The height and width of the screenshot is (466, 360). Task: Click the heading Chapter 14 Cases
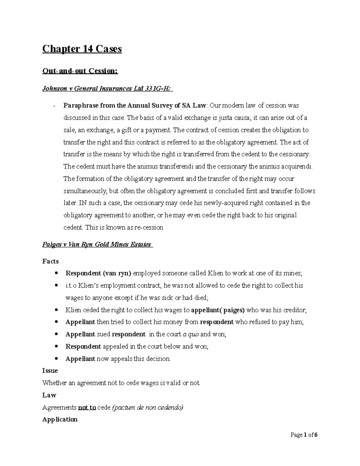click(x=82, y=49)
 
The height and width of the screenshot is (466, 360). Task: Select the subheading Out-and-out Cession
click(x=80, y=71)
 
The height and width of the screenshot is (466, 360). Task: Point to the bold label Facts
click(x=50, y=261)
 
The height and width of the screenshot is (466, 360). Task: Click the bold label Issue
click(x=50, y=371)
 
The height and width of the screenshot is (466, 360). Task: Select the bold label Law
click(x=49, y=395)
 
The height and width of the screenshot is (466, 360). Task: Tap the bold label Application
click(x=60, y=419)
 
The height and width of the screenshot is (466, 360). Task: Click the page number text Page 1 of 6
click(x=304, y=435)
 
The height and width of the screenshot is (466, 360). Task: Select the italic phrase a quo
click(x=191, y=334)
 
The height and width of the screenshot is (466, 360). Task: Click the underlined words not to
click(x=87, y=407)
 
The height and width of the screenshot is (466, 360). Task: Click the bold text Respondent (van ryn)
click(x=98, y=273)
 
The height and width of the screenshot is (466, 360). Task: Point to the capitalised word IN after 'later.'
click(x=82, y=203)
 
